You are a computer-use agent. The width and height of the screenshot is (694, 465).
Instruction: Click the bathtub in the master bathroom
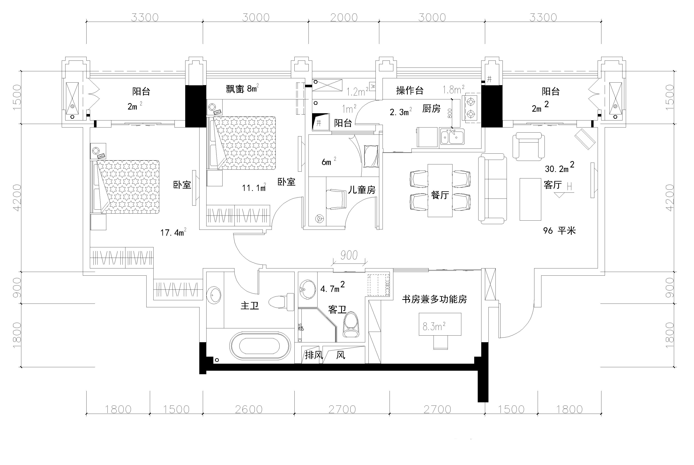click(x=260, y=346)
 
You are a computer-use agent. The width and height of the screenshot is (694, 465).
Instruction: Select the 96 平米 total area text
click(x=559, y=230)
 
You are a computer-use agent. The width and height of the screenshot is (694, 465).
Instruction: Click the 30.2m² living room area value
click(x=559, y=168)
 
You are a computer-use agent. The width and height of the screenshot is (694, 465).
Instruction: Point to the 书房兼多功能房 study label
click(x=434, y=299)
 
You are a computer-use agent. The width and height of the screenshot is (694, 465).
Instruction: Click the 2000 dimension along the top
click(x=344, y=18)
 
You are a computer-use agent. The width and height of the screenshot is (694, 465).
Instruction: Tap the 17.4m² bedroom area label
click(x=173, y=232)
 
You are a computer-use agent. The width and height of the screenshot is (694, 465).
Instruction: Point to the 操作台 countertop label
click(x=410, y=90)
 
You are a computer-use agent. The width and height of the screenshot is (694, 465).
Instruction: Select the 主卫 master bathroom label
click(x=250, y=306)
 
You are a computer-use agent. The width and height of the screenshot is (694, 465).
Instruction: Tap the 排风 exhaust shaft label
click(x=313, y=355)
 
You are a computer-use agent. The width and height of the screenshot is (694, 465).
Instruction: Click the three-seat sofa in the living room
click(x=492, y=189)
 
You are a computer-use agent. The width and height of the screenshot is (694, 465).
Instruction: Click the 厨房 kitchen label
click(x=431, y=109)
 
